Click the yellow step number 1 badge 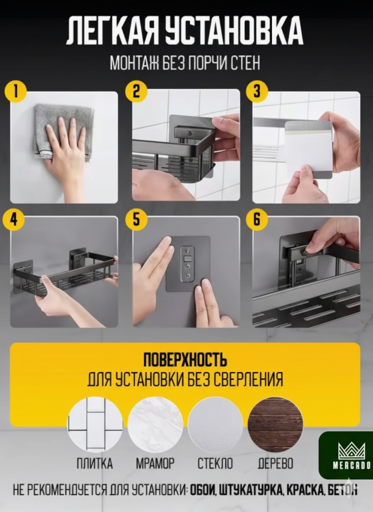coord(15,91)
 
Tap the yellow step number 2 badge coord(136,91)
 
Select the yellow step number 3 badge coord(257,91)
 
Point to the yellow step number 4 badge coord(13,219)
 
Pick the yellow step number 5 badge coord(136,219)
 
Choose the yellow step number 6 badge coord(257,219)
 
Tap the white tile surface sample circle coord(95,425)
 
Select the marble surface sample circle coord(155,425)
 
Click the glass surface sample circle coord(215,425)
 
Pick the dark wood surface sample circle coord(275,425)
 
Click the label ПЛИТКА coord(95,464)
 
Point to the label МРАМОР coord(155,464)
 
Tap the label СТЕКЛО coord(215,464)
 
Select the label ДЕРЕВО coord(275,464)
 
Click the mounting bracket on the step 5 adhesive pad coord(187,264)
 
